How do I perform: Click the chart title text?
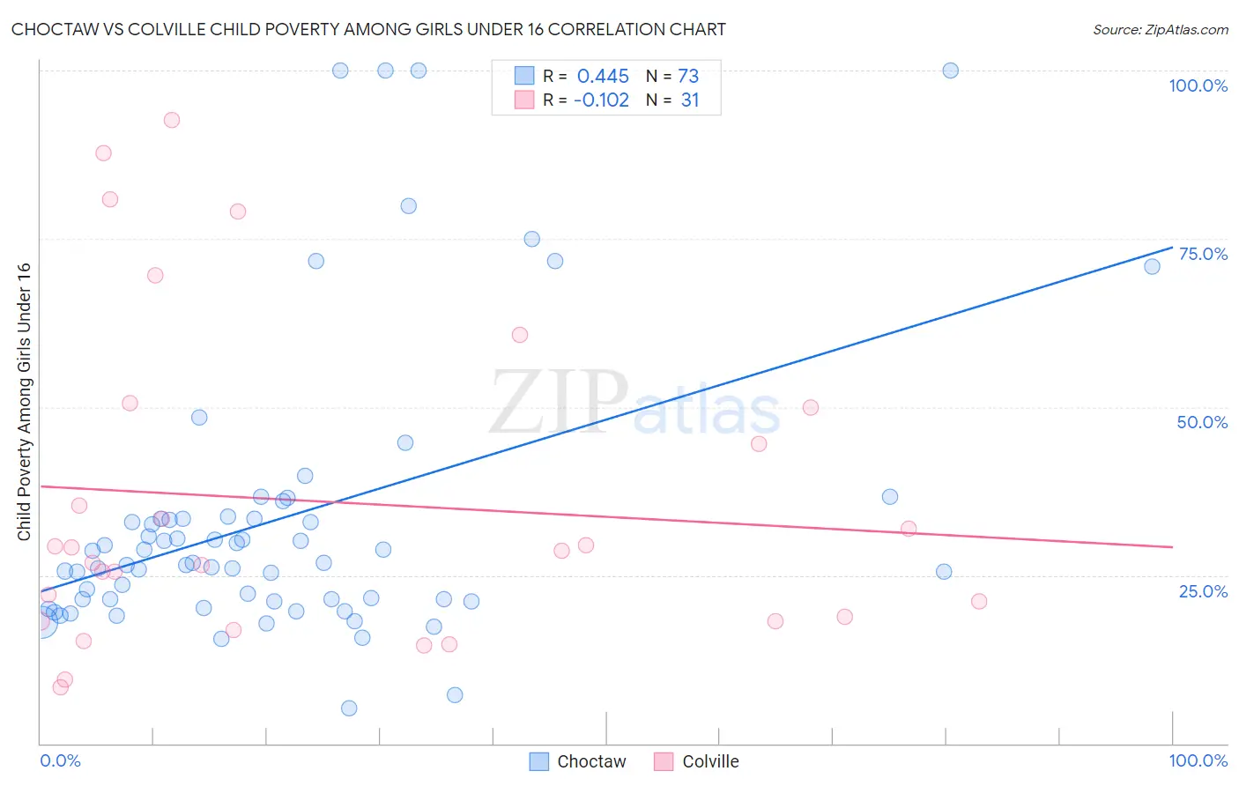(x=368, y=29)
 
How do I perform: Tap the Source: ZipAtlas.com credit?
(x=1160, y=29)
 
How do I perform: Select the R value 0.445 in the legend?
(x=603, y=76)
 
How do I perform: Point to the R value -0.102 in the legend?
(x=601, y=100)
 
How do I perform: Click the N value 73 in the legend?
(x=688, y=76)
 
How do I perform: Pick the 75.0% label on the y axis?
(x=1203, y=254)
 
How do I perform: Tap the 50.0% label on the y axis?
(x=1202, y=422)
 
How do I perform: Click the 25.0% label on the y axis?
(x=1203, y=591)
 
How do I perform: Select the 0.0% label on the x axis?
(x=60, y=760)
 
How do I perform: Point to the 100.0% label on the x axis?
(x=1198, y=760)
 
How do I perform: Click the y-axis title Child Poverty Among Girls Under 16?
(x=24, y=402)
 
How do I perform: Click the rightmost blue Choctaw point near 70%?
(x=1152, y=266)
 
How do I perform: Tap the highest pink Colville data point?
(x=172, y=120)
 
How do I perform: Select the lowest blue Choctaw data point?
(x=349, y=708)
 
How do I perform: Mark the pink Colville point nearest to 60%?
(x=520, y=335)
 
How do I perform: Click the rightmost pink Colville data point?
(x=979, y=602)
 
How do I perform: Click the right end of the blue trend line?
(x=1172, y=248)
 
